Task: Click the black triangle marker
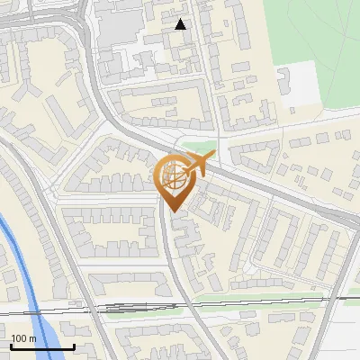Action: [181, 24]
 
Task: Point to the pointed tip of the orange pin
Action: [174, 212]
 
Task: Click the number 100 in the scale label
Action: [19, 338]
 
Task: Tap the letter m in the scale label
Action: [32, 338]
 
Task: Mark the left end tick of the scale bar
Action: [10, 346]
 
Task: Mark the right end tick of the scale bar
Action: [73, 346]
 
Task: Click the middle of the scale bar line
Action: [41, 347]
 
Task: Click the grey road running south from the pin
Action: [176, 261]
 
